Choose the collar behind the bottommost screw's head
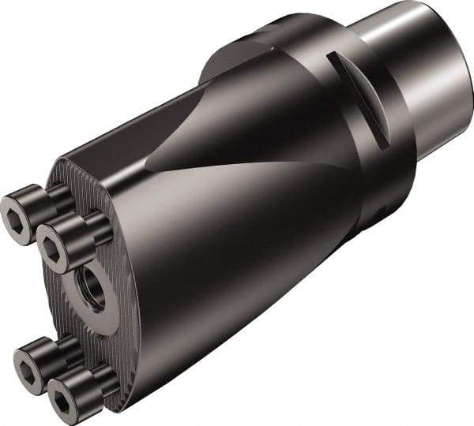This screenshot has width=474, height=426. coord(100,379)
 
